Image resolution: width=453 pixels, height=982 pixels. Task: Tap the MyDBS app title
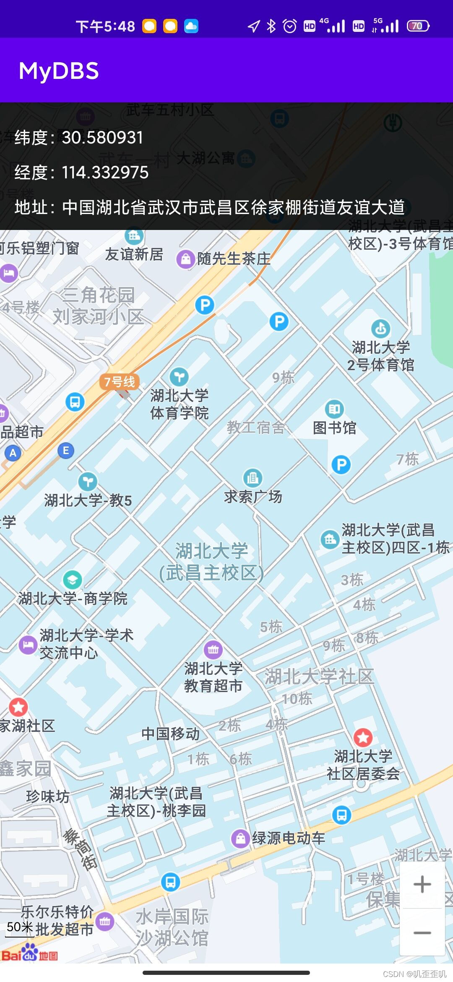59,71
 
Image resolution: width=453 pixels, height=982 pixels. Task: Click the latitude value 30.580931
102,138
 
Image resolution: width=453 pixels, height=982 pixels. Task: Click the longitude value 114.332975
105,172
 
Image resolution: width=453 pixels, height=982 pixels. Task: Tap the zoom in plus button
422,885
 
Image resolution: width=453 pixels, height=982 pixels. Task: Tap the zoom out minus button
422,932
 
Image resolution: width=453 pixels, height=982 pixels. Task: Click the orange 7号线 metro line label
119,382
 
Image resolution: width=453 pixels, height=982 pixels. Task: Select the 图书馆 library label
334,428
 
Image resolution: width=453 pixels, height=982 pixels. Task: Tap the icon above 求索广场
253,478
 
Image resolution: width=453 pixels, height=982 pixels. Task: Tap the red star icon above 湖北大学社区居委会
363,737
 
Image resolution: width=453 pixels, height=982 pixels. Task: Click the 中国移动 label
170,734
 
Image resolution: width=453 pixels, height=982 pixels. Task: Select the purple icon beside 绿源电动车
240,838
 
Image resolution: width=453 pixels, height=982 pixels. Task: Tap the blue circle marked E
66,451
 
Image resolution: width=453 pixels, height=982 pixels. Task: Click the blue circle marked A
13,453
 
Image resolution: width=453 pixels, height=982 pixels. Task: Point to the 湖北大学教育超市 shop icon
213,650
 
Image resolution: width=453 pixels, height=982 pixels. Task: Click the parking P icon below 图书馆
341,465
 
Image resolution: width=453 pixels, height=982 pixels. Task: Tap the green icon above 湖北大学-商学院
72,580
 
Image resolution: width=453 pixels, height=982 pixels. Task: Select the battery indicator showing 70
418,26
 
